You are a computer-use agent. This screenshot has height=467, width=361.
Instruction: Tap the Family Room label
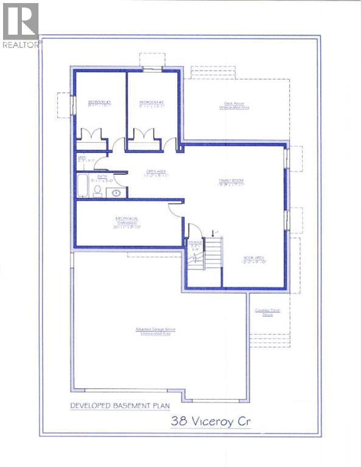tap(231, 182)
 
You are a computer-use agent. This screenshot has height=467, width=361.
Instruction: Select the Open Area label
tap(156, 173)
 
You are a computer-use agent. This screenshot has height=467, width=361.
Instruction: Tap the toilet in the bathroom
tap(97, 191)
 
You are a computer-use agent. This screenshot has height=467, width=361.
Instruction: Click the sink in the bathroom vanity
tap(116, 193)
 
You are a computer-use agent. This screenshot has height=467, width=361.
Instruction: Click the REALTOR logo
tap(20, 25)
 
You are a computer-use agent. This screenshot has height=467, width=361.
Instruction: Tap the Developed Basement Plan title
tap(119, 405)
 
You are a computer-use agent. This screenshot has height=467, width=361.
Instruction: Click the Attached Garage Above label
tap(157, 332)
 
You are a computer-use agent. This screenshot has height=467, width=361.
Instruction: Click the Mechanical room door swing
tap(175, 207)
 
